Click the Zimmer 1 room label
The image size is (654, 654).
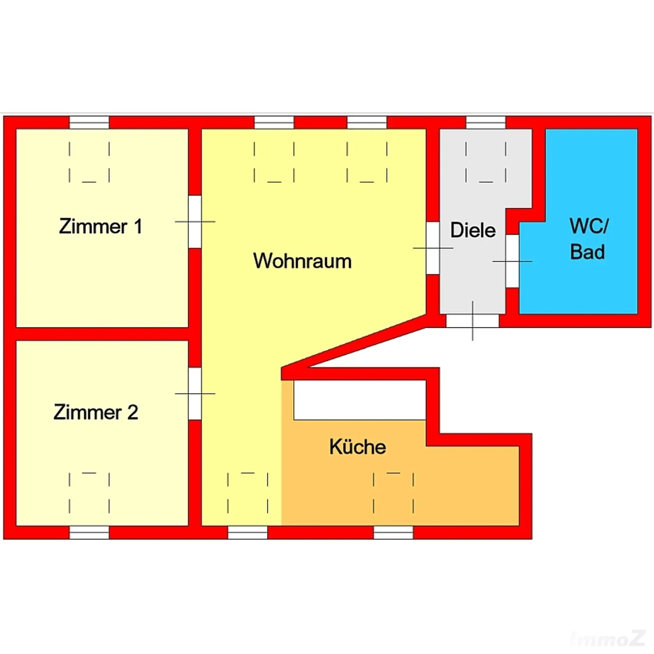point(100,226)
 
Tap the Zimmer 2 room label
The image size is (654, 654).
point(96,412)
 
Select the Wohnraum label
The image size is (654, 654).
point(302,261)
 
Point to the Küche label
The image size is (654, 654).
point(358,447)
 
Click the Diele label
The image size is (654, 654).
point(473,230)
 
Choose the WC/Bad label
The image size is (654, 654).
point(588,239)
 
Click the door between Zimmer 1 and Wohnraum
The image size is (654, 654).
point(195,221)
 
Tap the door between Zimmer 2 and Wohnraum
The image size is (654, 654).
point(195,393)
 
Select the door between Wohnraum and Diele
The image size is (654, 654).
point(433,248)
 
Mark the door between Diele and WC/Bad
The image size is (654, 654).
point(512,261)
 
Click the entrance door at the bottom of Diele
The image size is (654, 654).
point(472,321)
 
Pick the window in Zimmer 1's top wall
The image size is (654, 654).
point(89,123)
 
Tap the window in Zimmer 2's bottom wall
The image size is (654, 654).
point(89,533)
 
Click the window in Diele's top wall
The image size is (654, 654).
point(486,123)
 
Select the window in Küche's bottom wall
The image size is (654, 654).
point(393,533)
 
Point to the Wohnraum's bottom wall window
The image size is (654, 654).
point(247,533)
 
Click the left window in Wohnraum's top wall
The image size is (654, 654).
point(274,123)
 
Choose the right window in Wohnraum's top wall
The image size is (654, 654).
point(367,123)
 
